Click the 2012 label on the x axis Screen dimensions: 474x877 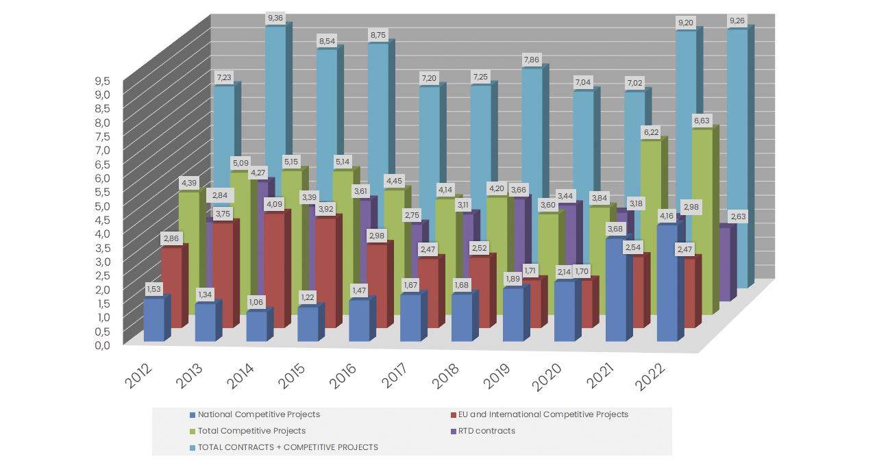click(139, 375)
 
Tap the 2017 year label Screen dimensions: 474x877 click(396, 375)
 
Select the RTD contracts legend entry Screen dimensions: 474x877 click(486, 431)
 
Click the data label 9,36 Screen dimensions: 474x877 click(275, 18)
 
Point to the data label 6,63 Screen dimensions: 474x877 click(702, 121)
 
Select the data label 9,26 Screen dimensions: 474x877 click(737, 21)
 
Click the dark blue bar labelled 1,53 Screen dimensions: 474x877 click(154, 321)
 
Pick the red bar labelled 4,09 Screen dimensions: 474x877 click(275, 271)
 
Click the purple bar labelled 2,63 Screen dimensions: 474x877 click(724, 264)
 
